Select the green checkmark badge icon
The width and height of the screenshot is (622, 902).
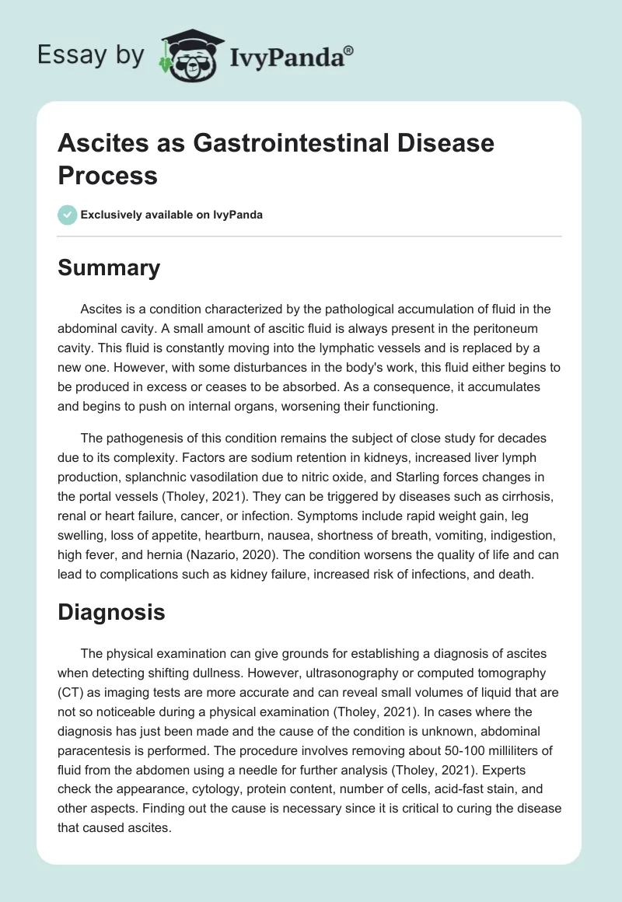click(68, 215)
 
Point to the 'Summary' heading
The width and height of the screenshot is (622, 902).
click(109, 268)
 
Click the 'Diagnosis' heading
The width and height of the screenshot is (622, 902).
click(112, 612)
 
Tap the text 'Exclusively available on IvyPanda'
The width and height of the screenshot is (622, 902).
click(173, 215)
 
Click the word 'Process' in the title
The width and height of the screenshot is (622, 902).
click(108, 176)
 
